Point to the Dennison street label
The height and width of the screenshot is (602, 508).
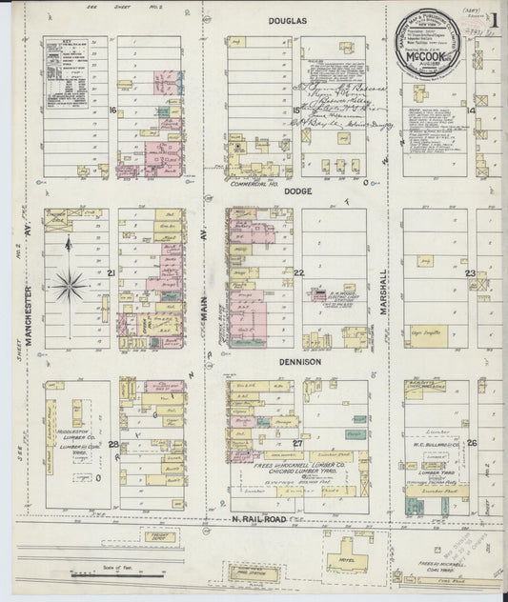pos(301,362)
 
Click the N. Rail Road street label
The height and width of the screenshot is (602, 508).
pos(259,517)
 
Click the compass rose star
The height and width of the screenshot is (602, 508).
pos(70,283)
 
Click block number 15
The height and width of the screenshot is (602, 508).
pos(296,111)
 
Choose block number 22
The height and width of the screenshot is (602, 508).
pos(297,273)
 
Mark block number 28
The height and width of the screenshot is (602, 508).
pos(112,444)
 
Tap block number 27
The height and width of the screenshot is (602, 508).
pos(297,444)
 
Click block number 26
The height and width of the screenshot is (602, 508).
pos(471,444)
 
